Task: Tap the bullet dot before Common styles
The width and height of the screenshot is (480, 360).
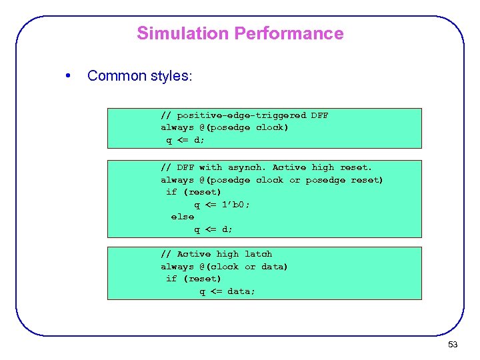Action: (x=69, y=75)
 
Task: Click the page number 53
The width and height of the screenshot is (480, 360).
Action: (x=453, y=345)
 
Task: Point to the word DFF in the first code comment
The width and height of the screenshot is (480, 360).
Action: (x=319, y=115)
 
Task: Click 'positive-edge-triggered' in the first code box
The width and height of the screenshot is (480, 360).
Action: (x=241, y=115)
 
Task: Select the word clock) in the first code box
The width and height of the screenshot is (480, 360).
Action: (x=272, y=127)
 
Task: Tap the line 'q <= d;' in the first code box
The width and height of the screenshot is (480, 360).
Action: (x=185, y=140)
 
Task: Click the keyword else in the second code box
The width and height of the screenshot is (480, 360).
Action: (x=183, y=217)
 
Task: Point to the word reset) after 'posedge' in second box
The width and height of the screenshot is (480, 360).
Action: (x=367, y=180)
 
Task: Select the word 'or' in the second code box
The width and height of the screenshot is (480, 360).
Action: (x=295, y=180)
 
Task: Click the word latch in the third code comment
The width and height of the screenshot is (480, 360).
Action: (x=258, y=254)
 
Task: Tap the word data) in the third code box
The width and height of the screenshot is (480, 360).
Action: (x=275, y=267)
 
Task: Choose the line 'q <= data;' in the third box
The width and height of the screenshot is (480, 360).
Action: (x=227, y=291)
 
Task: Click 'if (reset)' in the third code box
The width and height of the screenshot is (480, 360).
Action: (x=193, y=279)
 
